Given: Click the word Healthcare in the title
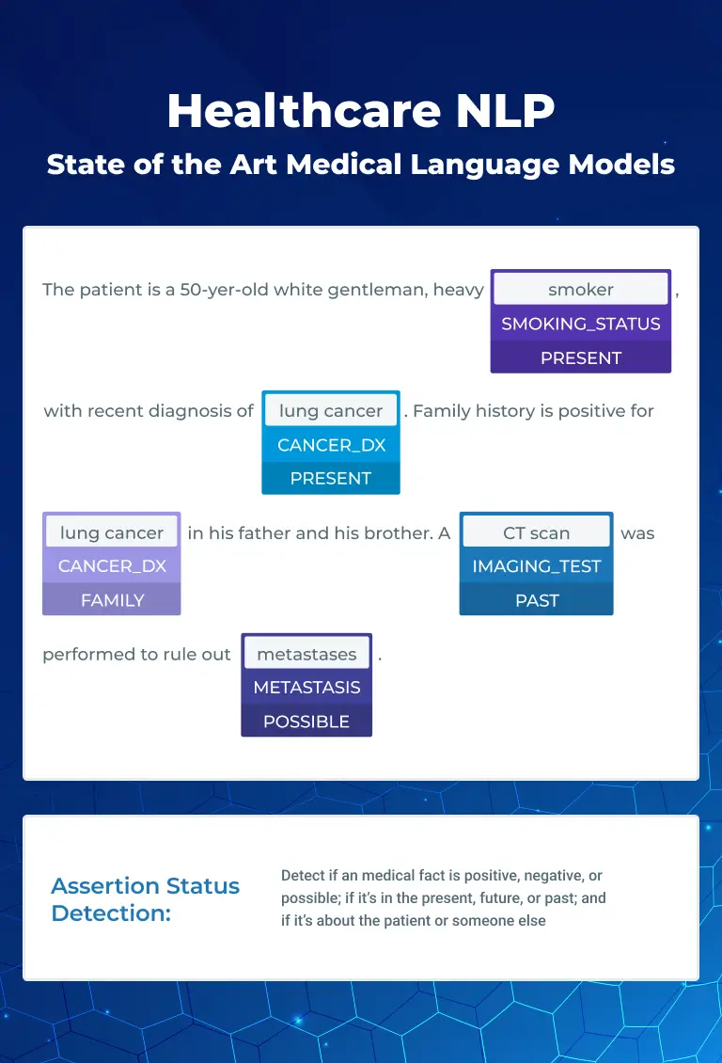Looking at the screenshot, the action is [x=304, y=110].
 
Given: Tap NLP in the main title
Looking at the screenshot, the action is [x=505, y=110].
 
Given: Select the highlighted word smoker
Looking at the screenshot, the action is [x=580, y=290].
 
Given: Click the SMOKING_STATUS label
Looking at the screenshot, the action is [x=580, y=324].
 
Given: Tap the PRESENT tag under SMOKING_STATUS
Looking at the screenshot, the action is [x=580, y=358].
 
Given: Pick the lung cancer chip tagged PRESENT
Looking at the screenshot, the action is [x=331, y=410].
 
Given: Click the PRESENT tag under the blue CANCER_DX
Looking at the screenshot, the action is [x=331, y=479].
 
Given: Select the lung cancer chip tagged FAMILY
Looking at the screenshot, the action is [x=112, y=532].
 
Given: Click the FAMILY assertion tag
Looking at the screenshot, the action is [x=113, y=601].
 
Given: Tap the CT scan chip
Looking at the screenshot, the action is [x=537, y=532].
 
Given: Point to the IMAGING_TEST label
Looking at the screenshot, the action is [x=537, y=566].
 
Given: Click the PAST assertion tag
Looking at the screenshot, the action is [x=537, y=601].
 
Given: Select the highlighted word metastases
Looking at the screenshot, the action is [x=306, y=654].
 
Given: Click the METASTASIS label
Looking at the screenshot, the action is [x=306, y=688].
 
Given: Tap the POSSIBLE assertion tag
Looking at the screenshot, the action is [x=306, y=722].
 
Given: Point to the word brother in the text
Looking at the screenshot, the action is [x=395, y=532].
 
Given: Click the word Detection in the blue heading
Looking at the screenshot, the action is [x=111, y=913].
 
